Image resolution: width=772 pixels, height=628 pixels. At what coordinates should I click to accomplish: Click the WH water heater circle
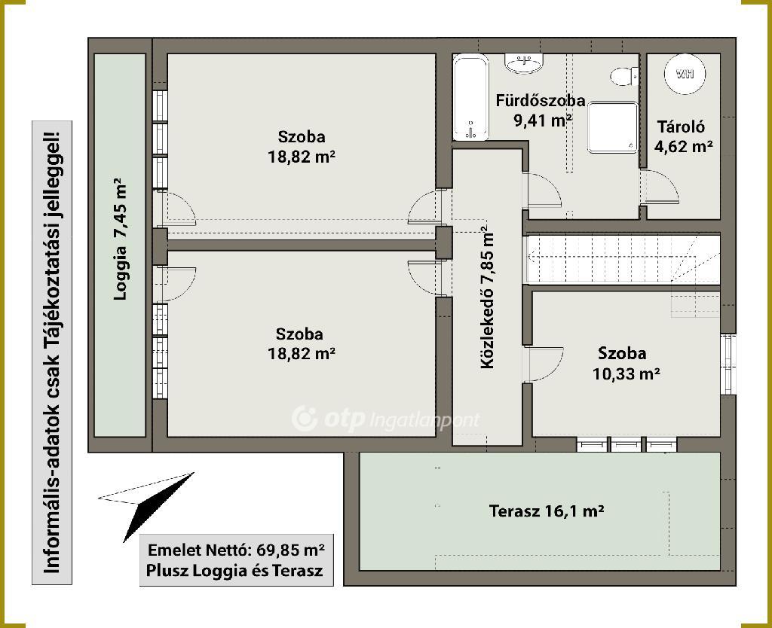coord(685,74)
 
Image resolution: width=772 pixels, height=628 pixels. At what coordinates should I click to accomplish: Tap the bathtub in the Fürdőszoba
coord(471,97)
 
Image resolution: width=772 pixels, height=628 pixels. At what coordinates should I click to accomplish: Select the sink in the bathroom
coord(525,63)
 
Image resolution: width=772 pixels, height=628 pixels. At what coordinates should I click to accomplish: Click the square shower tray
coord(612,128)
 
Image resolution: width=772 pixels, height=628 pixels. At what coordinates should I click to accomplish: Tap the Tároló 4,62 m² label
coord(683,136)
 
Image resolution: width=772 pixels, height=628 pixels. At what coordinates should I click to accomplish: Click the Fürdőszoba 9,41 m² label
coord(541,110)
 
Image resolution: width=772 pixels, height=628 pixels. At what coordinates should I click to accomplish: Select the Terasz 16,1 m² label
coord(547,511)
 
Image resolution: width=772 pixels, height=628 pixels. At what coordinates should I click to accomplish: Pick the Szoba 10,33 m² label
coord(626,364)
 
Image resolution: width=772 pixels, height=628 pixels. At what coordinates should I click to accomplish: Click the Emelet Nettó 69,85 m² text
coord(236,550)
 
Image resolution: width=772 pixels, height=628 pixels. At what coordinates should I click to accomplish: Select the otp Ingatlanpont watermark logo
coord(385,419)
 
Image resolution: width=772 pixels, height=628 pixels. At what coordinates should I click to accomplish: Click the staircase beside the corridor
coord(623,259)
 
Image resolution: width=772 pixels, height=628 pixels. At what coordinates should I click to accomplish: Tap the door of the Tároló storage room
coord(660,187)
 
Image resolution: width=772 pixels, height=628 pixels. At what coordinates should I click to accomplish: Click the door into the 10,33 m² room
coord(544,364)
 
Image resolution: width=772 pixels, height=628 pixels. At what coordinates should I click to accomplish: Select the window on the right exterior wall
coord(728,364)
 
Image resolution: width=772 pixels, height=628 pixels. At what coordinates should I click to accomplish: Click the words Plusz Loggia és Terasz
coord(234,571)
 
